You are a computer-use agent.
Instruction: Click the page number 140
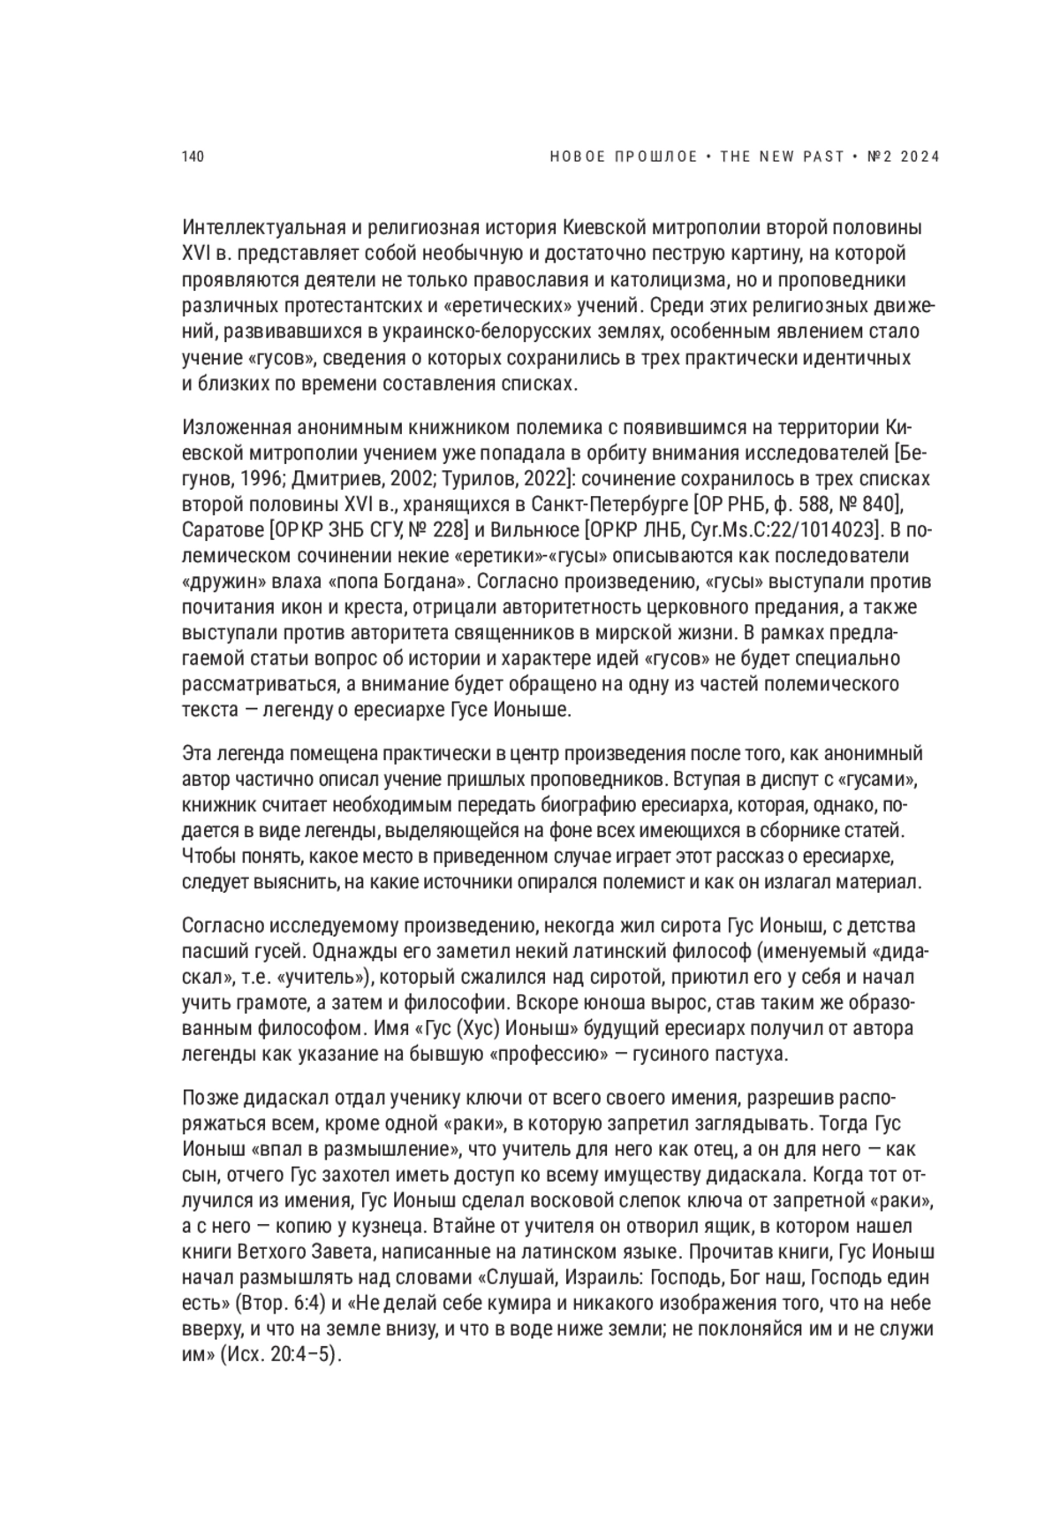(x=193, y=157)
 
